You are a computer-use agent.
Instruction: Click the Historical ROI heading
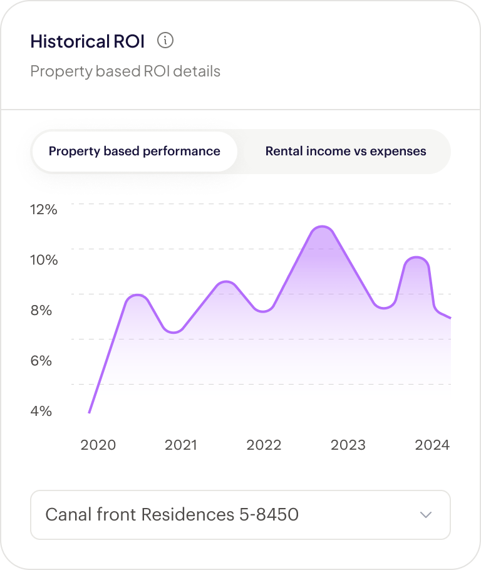pyautogui.click(x=87, y=42)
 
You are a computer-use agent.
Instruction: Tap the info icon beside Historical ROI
pyautogui.click(x=165, y=41)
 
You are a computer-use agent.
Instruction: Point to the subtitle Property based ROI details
pyautogui.click(x=125, y=71)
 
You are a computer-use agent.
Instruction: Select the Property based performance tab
pyautogui.click(x=135, y=152)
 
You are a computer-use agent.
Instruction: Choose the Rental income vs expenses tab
pyautogui.click(x=346, y=152)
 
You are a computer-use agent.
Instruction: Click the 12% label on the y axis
pyautogui.click(x=44, y=209)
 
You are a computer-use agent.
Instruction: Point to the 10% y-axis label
pyautogui.click(x=44, y=260)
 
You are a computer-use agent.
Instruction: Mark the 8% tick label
pyautogui.click(x=41, y=311)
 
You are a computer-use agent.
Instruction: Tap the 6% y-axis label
pyautogui.click(x=41, y=361)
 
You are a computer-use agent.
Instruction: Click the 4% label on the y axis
pyautogui.click(x=41, y=412)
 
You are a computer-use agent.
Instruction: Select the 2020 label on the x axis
pyautogui.click(x=98, y=445)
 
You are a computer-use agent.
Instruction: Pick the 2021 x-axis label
pyautogui.click(x=181, y=445)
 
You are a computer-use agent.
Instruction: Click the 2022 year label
pyautogui.click(x=264, y=445)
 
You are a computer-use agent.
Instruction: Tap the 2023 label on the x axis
pyautogui.click(x=348, y=445)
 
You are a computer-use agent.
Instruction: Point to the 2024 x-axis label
pyautogui.click(x=432, y=445)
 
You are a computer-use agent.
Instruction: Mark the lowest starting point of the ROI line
pyautogui.click(x=90, y=412)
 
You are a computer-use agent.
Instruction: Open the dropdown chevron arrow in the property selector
pyautogui.click(x=426, y=515)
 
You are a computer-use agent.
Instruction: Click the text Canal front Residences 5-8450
pyautogui.click(x=172, y=515)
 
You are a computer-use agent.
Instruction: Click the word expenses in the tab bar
pyautogui.click(x=398, y=152)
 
